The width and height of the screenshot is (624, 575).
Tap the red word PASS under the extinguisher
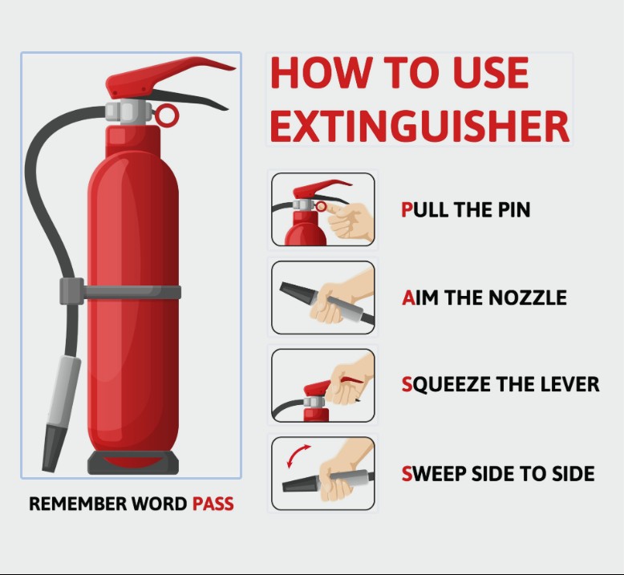pyautogui.click(x=213, y=504)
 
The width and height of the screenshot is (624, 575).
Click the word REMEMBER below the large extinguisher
pyautogui.click(x=78, y=504)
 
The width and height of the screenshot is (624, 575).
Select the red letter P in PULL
pyautogui.click(x=407, y=209)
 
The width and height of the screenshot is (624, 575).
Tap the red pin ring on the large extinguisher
pyautogui.click(x=166, y=115)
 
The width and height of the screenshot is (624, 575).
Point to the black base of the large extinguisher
pyautogui.click(x=133, y=463)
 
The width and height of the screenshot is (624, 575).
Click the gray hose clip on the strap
pyautogui.click(x=71, y=291)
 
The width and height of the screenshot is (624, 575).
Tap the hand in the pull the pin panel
pyautogui.click(x=350, y=222)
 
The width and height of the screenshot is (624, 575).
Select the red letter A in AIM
pyautogui.click(x=408, y=298)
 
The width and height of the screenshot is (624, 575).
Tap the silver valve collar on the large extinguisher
pyautogui.click(x=128, y=111)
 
